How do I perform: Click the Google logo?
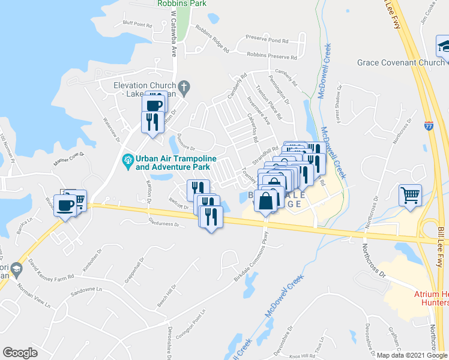[20, 352]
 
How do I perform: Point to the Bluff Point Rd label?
[137, 25]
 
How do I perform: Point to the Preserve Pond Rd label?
[270, 41]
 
